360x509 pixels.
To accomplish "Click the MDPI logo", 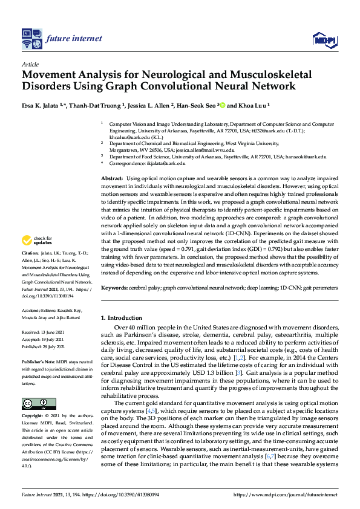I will pyautogui.click(x=324, y=40).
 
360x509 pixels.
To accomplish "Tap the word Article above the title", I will pyautogui.click(x=30, y=63).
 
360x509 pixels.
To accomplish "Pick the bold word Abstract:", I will pyautogui.click(x=111, y=179).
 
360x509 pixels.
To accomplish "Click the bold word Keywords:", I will pyautogui.click(x=113, y=288).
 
